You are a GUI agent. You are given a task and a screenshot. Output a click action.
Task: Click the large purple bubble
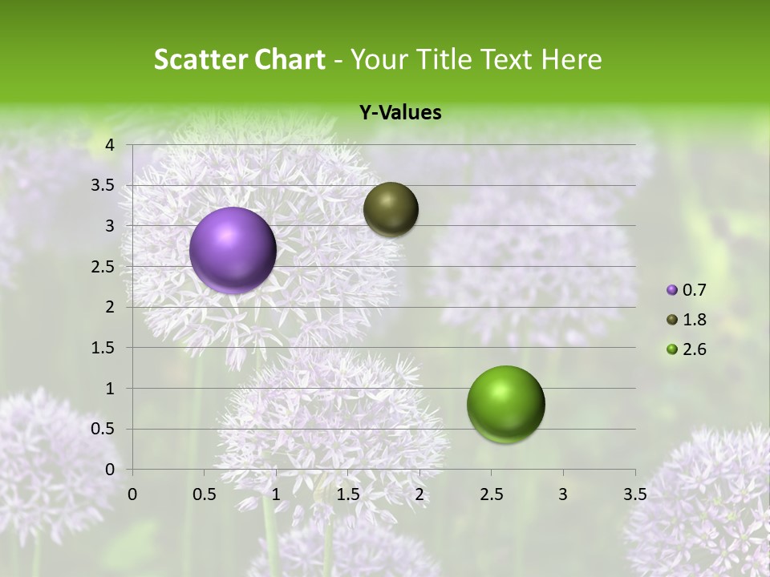233,250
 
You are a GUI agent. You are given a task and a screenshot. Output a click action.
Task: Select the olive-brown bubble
391,209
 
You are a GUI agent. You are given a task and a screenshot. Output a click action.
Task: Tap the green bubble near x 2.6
505,404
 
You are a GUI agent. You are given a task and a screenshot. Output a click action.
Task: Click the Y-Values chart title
399,113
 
